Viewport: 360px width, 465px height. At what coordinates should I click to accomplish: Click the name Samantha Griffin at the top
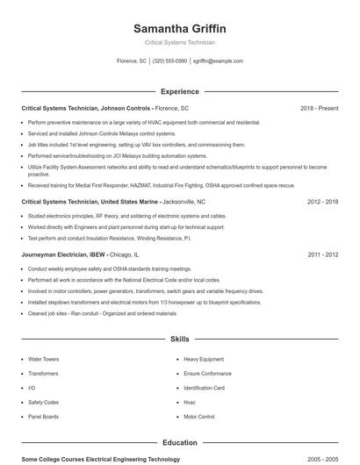pyautogui.click(x=179, y=28)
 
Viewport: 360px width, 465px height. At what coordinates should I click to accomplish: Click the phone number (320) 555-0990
pyautogui.click(x=169, y=61)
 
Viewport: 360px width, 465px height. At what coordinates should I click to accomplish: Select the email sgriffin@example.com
pyautogui.click(x=218, y=61)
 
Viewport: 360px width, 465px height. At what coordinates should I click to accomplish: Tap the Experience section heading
pyautogui.click(x=179, y=91)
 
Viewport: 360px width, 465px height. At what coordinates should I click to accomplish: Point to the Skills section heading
pyautogui.click(x=179, y=338)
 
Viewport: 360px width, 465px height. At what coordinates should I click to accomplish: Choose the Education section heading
pyautogui.click(x=179, y=443)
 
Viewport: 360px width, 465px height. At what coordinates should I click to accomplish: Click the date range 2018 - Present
pyautogui.click(x=319, y=108)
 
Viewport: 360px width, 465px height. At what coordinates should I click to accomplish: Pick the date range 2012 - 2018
pyautogui.click(x=322, y=201)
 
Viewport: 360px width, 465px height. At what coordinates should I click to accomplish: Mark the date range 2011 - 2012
pyautogui.click(x=322, y=254)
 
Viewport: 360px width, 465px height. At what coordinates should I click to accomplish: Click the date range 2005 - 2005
pyautogui.click(x=322, y=459)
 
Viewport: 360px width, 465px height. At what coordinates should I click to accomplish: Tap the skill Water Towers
pyautogui.click(x=43, y=359)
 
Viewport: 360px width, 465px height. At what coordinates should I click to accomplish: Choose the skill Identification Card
pyautogui.click(x=204, y=388)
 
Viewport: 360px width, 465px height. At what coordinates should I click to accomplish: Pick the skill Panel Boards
pyautogui.click(x=44, y=417)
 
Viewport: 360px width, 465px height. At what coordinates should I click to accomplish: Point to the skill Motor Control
pyautogui.click(x=198, y=417)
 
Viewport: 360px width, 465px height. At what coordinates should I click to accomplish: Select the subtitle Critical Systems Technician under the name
pyautogui.click(x=179, y=42)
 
